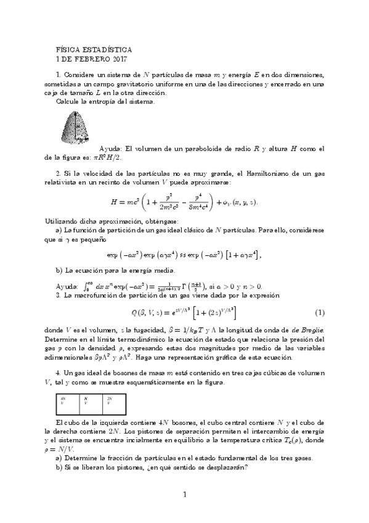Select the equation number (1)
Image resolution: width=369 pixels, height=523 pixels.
320,313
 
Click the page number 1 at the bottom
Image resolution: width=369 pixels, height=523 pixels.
184,493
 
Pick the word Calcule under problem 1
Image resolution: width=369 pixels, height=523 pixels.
69,101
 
